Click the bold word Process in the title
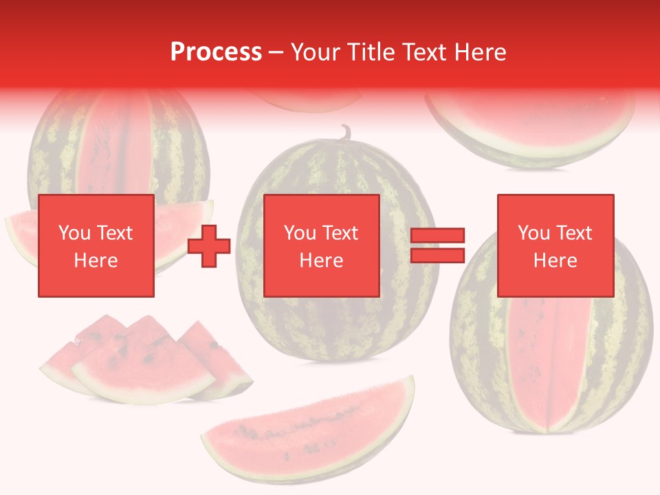[x=216, y=52]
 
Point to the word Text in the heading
[x=426, y=52]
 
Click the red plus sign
[x=209, y=246]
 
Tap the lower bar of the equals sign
[x=437, y=256]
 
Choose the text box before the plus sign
[x=96, y=245]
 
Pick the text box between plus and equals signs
[x=321, y=245]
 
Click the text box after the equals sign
[x=555, y=245]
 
